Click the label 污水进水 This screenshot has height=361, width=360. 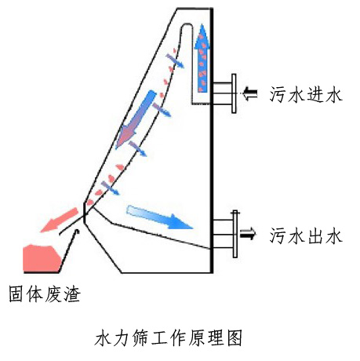[306, 94]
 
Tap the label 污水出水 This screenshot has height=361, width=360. [306, 235]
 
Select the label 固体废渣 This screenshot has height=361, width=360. [45, 294]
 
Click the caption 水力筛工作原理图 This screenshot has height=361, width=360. [169, 337]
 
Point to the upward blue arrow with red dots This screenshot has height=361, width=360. [202, 58]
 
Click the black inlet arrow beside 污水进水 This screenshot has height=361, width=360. [250, 93]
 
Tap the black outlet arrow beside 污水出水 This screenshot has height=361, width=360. [248, 233]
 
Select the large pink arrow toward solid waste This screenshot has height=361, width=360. [60, 220]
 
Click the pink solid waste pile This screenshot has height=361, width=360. [42, 258]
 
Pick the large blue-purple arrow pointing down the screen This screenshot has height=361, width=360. [136, 119]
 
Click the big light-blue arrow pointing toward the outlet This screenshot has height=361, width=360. [159, 217]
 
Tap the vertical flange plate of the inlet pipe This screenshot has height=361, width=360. [234, 93]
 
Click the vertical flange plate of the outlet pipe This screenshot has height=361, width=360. [235, 234]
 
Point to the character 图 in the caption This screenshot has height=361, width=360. [235, 337]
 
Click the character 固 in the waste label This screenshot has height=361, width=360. [17, 294]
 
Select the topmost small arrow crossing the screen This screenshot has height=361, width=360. [175, 60]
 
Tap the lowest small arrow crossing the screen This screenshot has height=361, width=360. [111, 188]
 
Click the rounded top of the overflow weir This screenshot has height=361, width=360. [187, 24]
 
